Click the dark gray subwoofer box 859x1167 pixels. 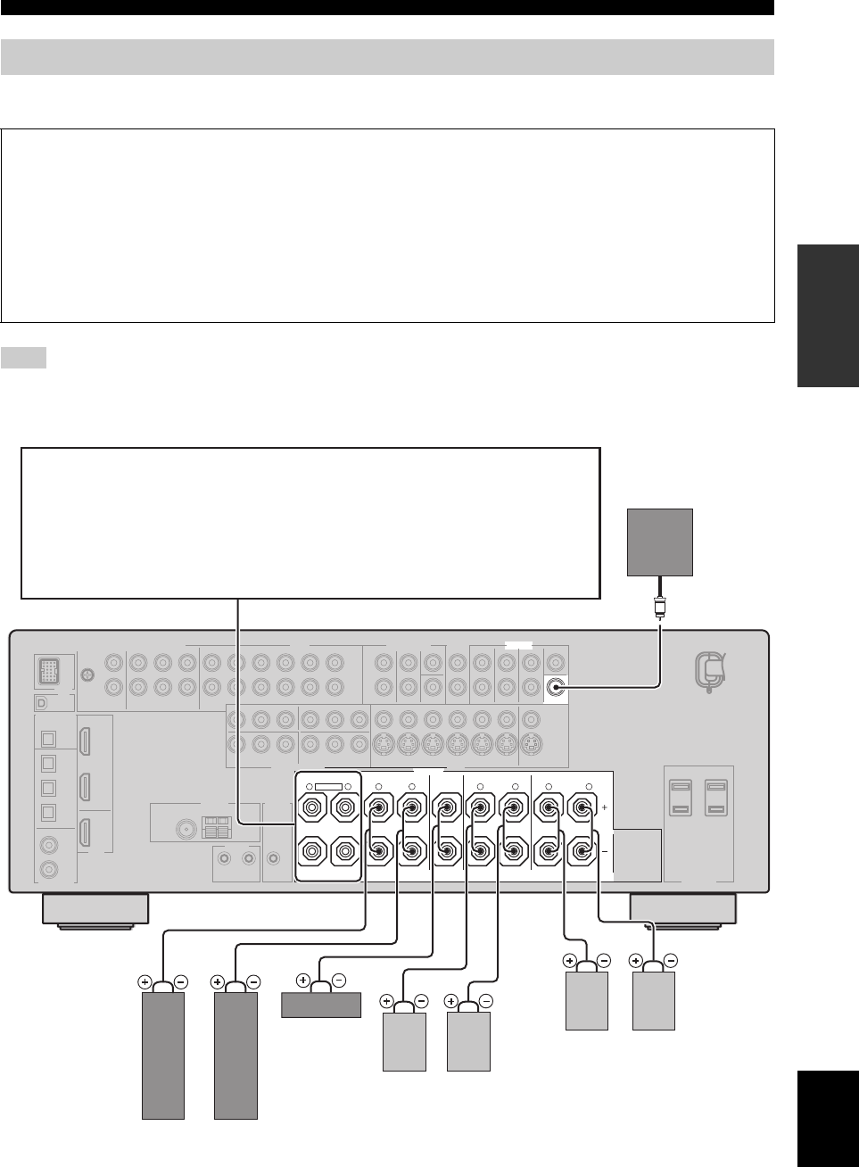660,542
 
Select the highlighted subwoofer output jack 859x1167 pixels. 558,687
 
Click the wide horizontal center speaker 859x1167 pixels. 321,1005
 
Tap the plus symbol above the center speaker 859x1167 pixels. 303,981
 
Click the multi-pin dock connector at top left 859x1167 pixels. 49,670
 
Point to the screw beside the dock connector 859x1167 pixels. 87,675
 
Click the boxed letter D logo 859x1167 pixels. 42,703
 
